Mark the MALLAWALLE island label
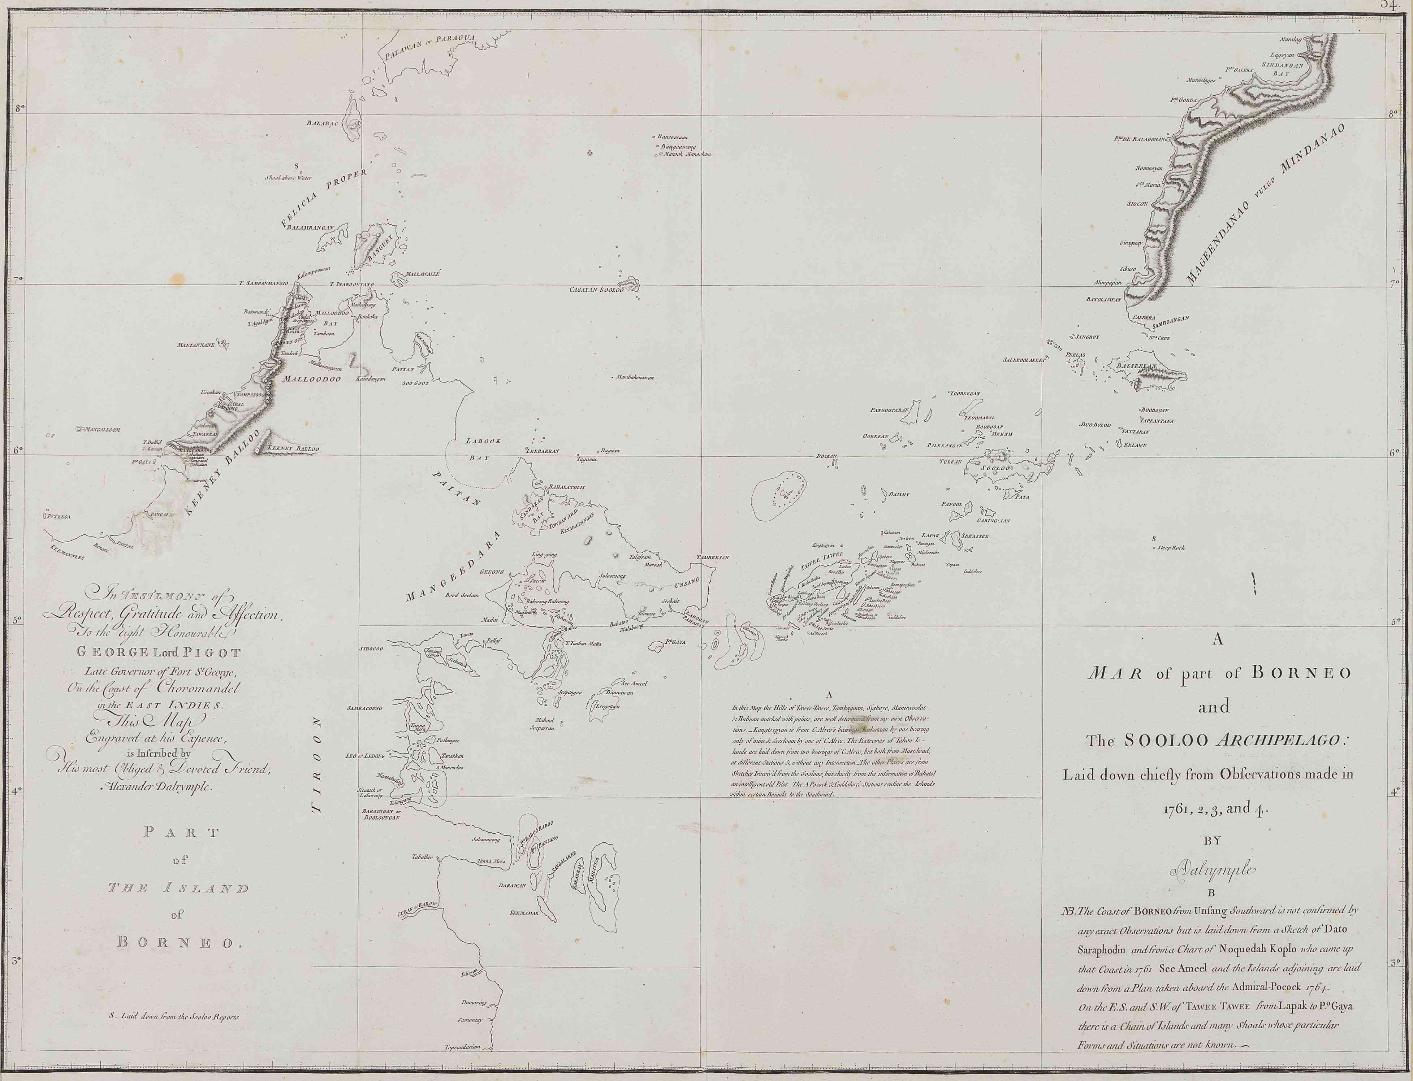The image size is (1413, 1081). point(419,273)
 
